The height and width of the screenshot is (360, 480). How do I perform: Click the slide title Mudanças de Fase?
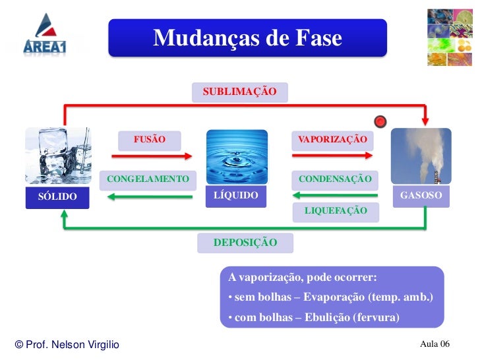(x=247, y=38)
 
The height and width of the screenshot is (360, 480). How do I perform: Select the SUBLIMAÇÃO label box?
(x=239, y=92)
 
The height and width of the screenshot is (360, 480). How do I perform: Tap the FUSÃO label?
(x=150, y=140)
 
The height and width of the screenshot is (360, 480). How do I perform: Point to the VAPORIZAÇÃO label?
(x=332, y=140)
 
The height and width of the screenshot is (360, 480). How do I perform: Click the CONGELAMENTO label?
(x=148, y=179)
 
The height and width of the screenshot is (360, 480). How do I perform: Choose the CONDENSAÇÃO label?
(x=335, y=179)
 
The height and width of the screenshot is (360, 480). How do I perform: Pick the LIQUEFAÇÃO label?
(x=336, y=210)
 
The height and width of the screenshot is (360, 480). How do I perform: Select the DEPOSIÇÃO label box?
(x=245, y=243)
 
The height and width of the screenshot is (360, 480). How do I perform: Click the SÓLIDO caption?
(x=57, y=196)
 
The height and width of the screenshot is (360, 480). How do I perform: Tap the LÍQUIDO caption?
(x=236, y=196)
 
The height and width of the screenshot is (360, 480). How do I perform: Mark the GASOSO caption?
(x=421, y=196)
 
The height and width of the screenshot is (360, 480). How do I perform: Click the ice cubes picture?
(x=58, y=156)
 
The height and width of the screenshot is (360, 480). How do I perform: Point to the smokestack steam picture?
(x=421, y=156)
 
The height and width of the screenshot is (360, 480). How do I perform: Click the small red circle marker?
(x=380, y=121)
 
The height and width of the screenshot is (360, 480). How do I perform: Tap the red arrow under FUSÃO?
(x=152, y=156)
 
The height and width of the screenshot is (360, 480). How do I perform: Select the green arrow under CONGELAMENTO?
(x=151, y=195)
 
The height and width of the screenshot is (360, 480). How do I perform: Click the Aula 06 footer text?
(x=435, y=344)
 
